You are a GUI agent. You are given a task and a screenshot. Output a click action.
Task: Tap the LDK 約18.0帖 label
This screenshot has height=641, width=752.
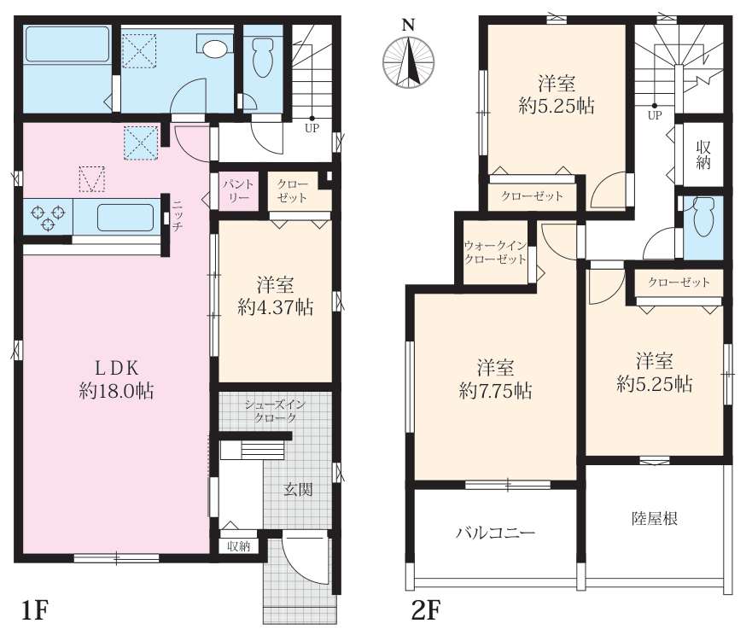pyautogui.click(x=117, y=380)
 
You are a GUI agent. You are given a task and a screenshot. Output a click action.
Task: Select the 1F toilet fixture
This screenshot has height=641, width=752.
pyautogui.click(x=262, y=56)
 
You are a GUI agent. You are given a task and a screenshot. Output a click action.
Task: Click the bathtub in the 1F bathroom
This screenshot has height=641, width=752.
pyautogui.click(x=67, y=44)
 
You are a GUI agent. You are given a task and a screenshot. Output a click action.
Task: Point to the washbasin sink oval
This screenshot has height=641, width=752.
pyautogui.click(x=214, y=49)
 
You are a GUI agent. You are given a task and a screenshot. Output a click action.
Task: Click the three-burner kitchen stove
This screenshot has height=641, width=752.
pyautogui.click(x=48, y=217)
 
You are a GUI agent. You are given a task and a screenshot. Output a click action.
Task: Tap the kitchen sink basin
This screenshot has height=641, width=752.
pyautogui.click(x=125, y=217)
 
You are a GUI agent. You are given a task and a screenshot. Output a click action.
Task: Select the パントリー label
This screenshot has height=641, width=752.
pyautogui.click(x=238, y=191)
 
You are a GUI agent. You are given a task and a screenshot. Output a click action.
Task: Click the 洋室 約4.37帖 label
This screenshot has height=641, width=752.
pyautogui.click(x=276, y=296)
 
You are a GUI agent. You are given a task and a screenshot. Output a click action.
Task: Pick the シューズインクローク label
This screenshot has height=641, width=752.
pyautogui.click(x=275, y=411)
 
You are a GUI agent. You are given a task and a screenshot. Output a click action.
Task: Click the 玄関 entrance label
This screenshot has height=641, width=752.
pyautogui.click(x=298, y=490)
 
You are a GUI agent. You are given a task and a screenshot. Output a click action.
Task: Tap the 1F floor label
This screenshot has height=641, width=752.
pyautogui.click(x=36, y=610)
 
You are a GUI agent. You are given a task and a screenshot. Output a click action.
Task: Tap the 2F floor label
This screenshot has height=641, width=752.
pyautogui.click(x=426, y=610)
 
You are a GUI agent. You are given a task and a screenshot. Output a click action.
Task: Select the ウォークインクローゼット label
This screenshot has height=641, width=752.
pyautogui.click(x=495, y=253)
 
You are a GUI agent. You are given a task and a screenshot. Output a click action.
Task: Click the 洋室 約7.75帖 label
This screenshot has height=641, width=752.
pyautogui.click(x=495, y=379)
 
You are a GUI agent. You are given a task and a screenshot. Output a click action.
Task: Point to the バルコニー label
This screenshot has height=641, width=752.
pyautogui.click(x=495, y=533)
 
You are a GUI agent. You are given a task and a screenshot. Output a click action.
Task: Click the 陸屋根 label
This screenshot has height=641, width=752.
pyautogui.click(x=654, y=518)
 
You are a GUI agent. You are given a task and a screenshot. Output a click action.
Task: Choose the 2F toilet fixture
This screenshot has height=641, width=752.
pyautogui.click(x=703, y=217)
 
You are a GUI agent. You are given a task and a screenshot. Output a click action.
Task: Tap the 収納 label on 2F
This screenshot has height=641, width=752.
pyautogui.click(x=703, y=154)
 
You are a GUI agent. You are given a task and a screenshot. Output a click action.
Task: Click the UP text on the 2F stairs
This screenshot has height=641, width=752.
pyautogui.click(x=655, y=115)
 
